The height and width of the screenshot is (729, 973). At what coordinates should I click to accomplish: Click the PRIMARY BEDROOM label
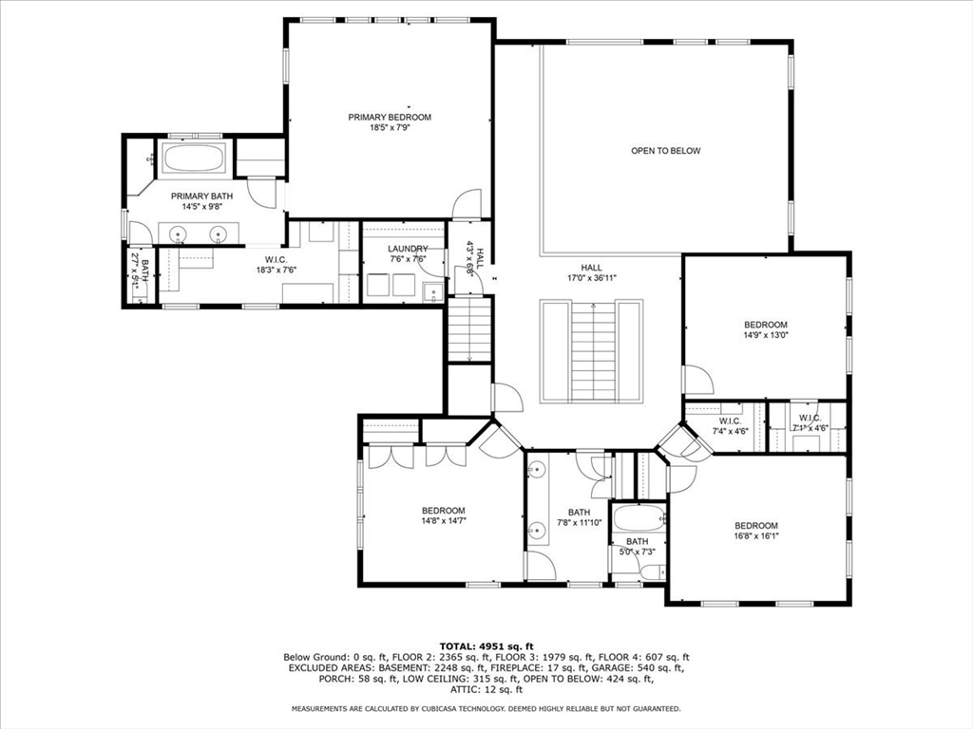tap(389, 117)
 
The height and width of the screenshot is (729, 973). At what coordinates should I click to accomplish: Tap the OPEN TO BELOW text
tap(665, 151)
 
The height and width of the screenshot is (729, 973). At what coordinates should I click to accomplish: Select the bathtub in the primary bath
tap(194, 159)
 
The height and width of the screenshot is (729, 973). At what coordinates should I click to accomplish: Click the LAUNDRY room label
tap(407, 249)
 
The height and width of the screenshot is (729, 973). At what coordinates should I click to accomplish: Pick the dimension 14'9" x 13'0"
tap(765, 335)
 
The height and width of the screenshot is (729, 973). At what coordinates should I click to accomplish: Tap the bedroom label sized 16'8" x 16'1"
tap(755, 526)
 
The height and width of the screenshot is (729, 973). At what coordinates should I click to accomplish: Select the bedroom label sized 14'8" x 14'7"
tap(444, 510)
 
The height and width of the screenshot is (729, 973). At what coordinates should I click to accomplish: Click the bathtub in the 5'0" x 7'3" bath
tap(638, 519)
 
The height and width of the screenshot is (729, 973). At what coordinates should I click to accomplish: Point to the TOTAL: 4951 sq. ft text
tap(486, 645)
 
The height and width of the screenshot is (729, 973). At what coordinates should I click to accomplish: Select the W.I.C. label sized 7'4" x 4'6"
tap(730, 421)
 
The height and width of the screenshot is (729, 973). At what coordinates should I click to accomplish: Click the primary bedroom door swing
tap(467, 204)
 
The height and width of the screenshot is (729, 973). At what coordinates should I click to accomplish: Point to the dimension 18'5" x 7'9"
tap(389, 128)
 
